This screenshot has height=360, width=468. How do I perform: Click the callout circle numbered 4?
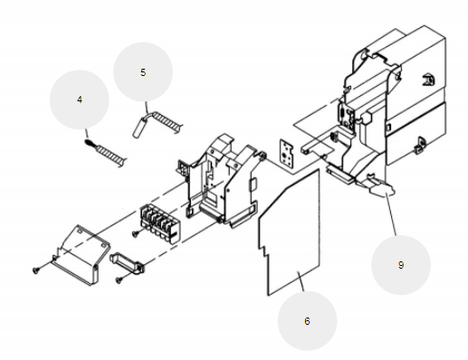point(80,99)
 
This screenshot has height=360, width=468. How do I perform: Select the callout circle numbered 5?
point(143,72)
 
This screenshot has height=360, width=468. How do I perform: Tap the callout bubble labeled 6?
point(307,321)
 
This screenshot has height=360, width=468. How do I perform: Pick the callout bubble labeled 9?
point(401,265)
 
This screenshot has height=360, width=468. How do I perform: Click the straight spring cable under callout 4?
point(106,153)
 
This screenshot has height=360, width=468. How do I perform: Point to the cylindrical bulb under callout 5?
point(139,127)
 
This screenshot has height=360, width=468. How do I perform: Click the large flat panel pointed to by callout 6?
point(289,232)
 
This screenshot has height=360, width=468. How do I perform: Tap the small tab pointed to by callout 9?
point(382,187)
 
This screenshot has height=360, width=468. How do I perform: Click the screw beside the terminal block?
point(136,233)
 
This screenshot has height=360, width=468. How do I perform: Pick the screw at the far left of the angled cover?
point(36,270)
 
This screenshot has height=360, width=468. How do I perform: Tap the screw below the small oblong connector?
point(119,280)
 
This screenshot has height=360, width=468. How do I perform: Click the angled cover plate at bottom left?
point(81,255)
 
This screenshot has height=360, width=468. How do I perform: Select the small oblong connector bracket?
point(127,263)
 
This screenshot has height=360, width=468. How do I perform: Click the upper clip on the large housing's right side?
point(428,80)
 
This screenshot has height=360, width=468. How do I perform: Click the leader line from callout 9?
point(391,215)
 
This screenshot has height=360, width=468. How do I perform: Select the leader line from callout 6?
point(301,281)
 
